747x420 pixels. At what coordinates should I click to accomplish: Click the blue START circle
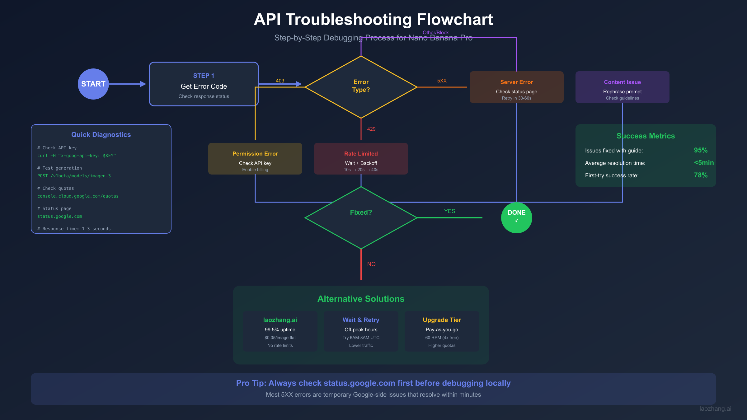pos(93,84)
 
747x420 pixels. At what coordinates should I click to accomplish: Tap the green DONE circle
pos(516,217)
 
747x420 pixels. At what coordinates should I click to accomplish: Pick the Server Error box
pos(516,87)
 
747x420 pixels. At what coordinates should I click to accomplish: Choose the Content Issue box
pos(622,87)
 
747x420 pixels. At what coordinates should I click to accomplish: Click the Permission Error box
pos(255,159)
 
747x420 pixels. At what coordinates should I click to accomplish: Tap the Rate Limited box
pos(361,159)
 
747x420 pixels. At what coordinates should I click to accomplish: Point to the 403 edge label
pos(280,81)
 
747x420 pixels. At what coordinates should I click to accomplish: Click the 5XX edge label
pos(442,81)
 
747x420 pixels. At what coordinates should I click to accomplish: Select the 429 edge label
pos(371,129)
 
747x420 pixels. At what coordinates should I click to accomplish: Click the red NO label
pos(371,264)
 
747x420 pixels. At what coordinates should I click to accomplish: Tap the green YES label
pos(449,211)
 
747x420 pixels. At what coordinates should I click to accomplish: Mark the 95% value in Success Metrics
pos(701,150)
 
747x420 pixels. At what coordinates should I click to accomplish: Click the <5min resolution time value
pos(703,163)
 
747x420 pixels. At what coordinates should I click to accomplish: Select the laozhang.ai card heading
pos(280,320)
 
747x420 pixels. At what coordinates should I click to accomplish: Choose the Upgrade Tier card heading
pos(442,320)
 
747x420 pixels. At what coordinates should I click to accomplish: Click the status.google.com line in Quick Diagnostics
pos(60,216)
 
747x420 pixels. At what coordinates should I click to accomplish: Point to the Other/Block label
pos(435,32)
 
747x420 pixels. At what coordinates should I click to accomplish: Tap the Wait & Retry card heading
pos(361,320)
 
